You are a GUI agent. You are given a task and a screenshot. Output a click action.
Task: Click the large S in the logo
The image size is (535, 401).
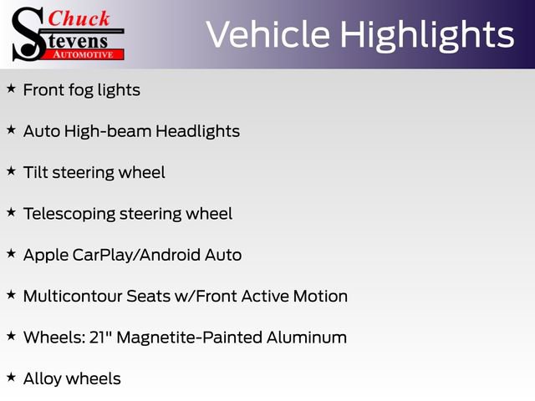tap(28, 33)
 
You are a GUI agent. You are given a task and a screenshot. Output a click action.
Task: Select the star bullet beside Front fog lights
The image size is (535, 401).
tap(11, 88)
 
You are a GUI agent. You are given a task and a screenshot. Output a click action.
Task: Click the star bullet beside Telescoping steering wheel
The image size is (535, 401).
tap(11, 211)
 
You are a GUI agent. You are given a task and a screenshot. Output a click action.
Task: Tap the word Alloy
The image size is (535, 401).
tap(43, 378)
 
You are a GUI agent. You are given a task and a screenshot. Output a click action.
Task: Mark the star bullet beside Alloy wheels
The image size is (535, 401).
tap(11, 377)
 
